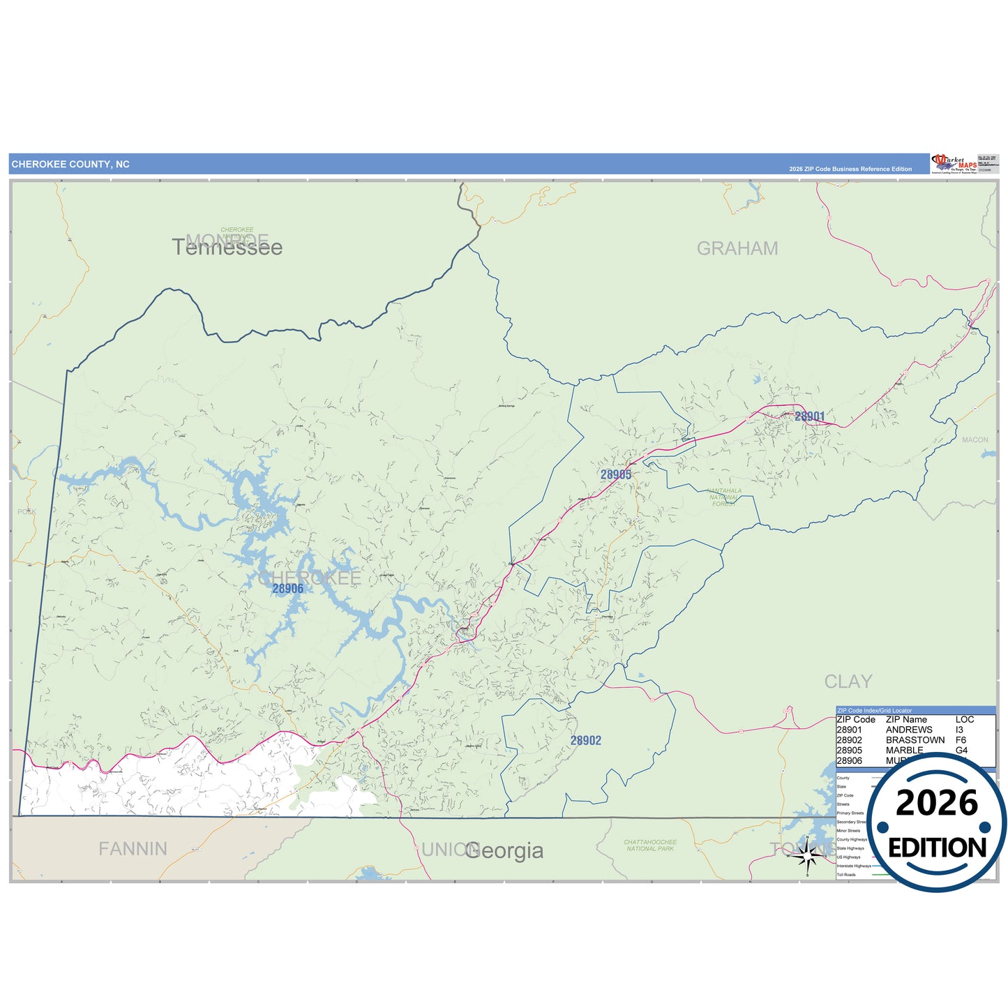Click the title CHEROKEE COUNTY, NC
[x=70, y=165]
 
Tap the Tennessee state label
[x=227, y=248]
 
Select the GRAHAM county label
[x=737, y=248]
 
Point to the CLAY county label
[x=848, y=682]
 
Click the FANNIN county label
[x=133, y=849]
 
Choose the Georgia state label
[x=504, y=851]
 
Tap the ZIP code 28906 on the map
[x=287, y=589]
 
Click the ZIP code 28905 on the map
[x=616, y=474]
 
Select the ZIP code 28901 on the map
[x=809, y=416]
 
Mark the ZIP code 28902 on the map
[x=585, y=741]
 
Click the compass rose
[x=808, y=855]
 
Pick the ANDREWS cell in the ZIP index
[x=909, y=730]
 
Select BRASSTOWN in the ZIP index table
[x=915, y=740]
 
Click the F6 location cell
[x=961, y=740]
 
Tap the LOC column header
[x=965, y=719]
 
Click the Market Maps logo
[x=954, y=164]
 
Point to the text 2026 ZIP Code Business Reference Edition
[x=850, y=169]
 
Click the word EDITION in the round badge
[x=937, y=848]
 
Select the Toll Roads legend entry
[x=846, y=875]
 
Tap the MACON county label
[x=975, y=440]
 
